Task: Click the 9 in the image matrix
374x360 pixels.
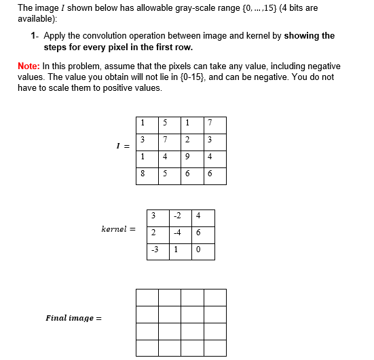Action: coord(187,157)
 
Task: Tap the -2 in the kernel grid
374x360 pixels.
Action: coord(176,217)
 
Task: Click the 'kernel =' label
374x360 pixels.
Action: coord(118,230)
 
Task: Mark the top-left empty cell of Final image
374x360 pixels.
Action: coord(147,298)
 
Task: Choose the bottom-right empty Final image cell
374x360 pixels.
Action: coord(214,348)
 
